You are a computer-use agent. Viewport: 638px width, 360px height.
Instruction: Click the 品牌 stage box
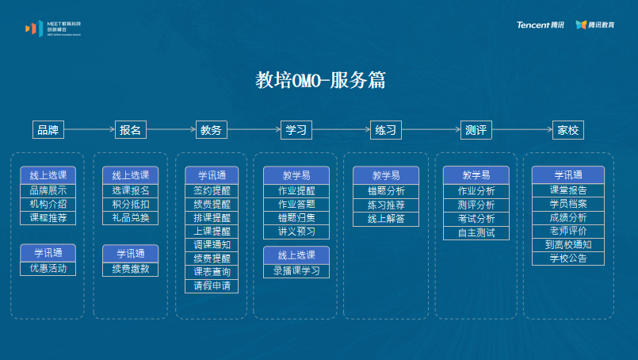click(48, 130)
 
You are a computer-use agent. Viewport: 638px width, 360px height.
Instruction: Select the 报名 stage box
click(131, 130)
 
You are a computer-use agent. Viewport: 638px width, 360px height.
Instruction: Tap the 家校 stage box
click(567, 130)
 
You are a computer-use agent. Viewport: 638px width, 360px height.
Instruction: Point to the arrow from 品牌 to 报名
click(90, 130)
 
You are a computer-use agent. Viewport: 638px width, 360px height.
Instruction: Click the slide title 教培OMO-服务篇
click(320, 80)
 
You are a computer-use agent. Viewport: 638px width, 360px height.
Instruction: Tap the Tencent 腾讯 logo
click(541, 25)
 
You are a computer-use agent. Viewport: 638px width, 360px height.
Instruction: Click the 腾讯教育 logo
click(596, 25)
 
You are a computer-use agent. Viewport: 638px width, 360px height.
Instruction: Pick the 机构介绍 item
click(48, 204)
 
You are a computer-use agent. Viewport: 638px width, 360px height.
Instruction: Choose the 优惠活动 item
click(48, 268)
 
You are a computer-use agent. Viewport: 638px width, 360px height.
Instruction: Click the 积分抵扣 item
click(131, 204)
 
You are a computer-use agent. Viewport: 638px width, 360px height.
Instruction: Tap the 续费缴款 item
click(131, 269)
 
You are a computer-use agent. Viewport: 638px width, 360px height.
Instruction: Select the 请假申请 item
click(212, 285)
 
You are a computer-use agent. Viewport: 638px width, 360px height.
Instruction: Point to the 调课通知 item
click(212, 245)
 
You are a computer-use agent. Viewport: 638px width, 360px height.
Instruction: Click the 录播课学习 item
click(296, 270)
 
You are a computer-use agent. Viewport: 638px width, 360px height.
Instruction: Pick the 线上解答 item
click(386, 218)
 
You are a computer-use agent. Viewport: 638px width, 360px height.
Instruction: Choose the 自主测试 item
click(476, 232)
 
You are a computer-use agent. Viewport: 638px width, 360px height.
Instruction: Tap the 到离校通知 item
click(568, 245)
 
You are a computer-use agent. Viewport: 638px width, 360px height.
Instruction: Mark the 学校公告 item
click(568, 259)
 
